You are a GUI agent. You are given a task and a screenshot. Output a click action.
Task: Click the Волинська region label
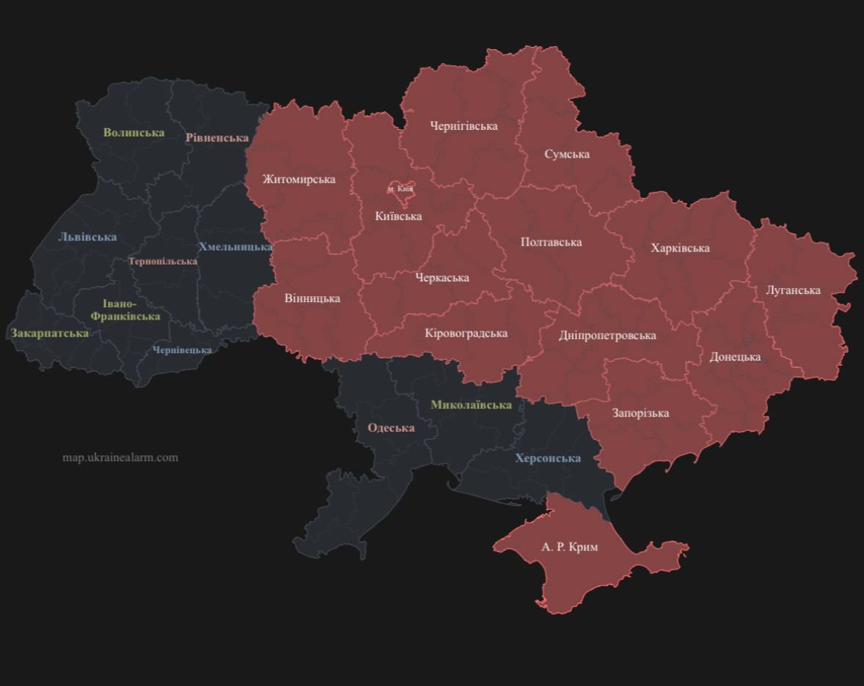(133, 133)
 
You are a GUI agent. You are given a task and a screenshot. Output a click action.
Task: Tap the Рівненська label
(217, 138)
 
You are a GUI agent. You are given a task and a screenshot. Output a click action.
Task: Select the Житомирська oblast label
(299, 180)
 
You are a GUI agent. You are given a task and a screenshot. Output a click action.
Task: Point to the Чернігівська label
(464, 126)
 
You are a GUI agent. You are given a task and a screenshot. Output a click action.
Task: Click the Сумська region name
(567, 155)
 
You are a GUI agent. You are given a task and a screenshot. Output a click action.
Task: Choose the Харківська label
(680, 248)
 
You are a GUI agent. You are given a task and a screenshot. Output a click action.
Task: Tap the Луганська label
(793, 290)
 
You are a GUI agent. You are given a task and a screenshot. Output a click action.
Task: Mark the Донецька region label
(735, 357)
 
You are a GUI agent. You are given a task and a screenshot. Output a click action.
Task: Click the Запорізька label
(640, 413)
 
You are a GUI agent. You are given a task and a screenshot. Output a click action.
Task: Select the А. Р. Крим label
(569, 547)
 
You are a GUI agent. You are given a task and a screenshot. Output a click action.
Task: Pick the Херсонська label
(548, 458)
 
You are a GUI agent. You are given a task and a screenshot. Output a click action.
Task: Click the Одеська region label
(391, 428)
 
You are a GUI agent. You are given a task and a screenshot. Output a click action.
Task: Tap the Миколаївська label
(471, 405)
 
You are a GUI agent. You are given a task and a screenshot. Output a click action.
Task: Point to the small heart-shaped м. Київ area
(400, 190)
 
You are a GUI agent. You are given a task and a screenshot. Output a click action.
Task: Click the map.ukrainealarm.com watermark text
(120, 457)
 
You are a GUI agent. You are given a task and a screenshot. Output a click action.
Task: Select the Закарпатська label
(49, 333)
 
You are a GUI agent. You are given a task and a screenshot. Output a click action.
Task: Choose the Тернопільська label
(163, 262)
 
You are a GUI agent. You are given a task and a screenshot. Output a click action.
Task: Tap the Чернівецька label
(182, 350)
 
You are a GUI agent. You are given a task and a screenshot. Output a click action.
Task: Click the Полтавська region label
(551, 242)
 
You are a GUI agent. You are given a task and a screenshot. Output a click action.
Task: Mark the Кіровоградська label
(466, 333)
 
